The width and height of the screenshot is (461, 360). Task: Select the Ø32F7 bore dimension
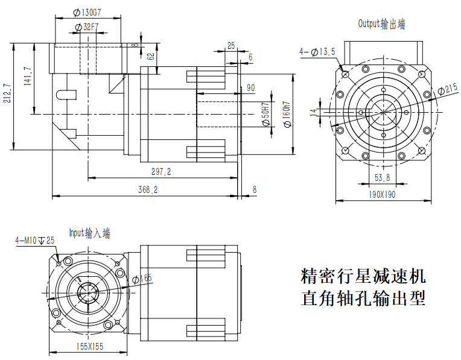point(87,27)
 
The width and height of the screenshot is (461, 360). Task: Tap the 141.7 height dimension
point(28,77)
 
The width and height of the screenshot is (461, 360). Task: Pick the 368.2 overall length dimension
point(147,189)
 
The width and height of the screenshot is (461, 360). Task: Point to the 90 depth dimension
point(250,88)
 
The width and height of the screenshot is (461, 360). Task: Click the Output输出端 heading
point(381,24)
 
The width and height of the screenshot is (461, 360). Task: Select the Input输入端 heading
point(89,233)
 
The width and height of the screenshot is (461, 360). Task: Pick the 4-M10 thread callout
point(35,241)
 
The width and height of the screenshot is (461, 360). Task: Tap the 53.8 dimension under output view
point(382,178)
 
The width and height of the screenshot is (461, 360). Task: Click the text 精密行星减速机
point(363,277)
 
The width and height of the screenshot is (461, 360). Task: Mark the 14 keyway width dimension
point(313,112)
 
